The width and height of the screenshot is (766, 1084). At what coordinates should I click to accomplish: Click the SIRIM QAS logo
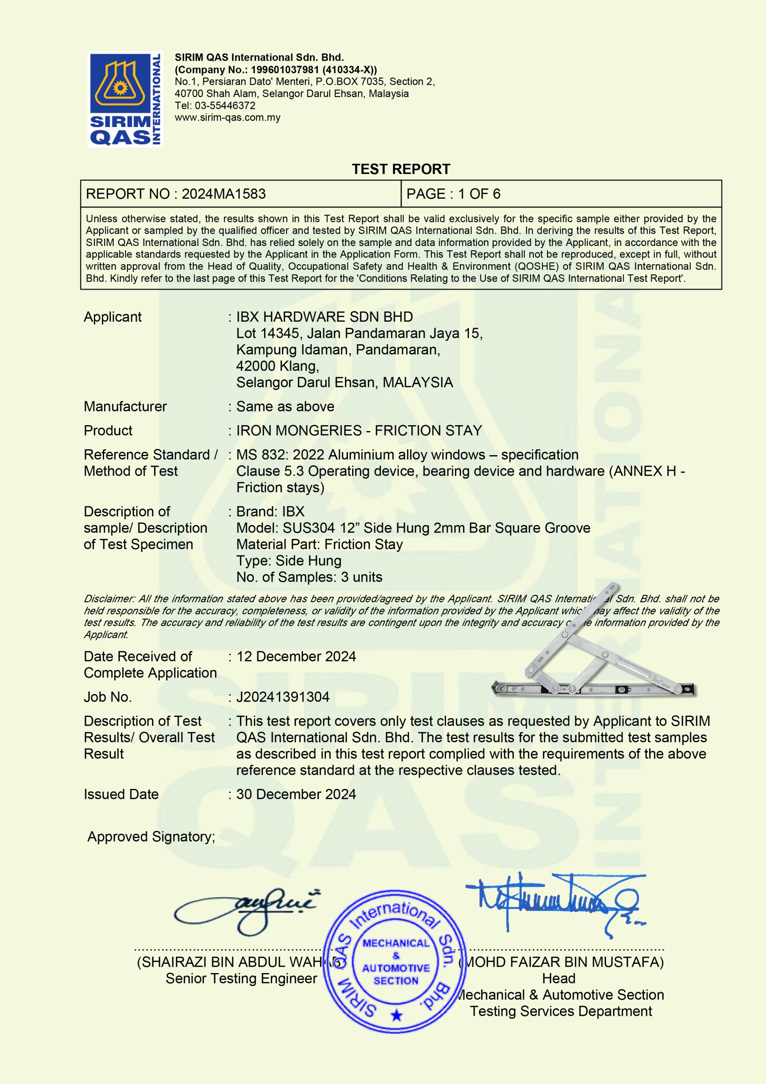pos(125,99)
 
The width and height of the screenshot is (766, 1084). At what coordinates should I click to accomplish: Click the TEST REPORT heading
pos(401,169)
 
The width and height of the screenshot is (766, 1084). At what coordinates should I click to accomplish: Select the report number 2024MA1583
pos(224,194)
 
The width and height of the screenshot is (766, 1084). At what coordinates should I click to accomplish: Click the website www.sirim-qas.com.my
pos(228,118)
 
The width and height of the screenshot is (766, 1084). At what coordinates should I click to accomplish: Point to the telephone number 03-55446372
pos(225,106)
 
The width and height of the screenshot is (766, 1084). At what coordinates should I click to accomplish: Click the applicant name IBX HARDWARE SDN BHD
pos(324,317)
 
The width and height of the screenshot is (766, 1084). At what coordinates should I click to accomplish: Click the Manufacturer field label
pos(125,406)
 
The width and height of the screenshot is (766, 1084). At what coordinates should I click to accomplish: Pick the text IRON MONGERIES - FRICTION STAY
pos(359,431)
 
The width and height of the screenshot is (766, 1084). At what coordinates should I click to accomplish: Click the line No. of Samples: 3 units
pos(309,577)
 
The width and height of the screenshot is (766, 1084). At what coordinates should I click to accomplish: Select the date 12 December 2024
pos(296,656)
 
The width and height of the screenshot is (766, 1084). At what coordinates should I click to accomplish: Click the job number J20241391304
pos(283,697)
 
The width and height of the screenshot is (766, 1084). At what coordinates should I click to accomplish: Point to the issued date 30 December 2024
pos(296,794)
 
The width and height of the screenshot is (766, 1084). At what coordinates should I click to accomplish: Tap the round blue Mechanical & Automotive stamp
pos(396,961)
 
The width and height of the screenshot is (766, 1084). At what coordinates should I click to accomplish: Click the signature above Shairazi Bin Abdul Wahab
pos(245,910)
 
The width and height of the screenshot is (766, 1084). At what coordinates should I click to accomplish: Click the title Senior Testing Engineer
pos(241,978)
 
